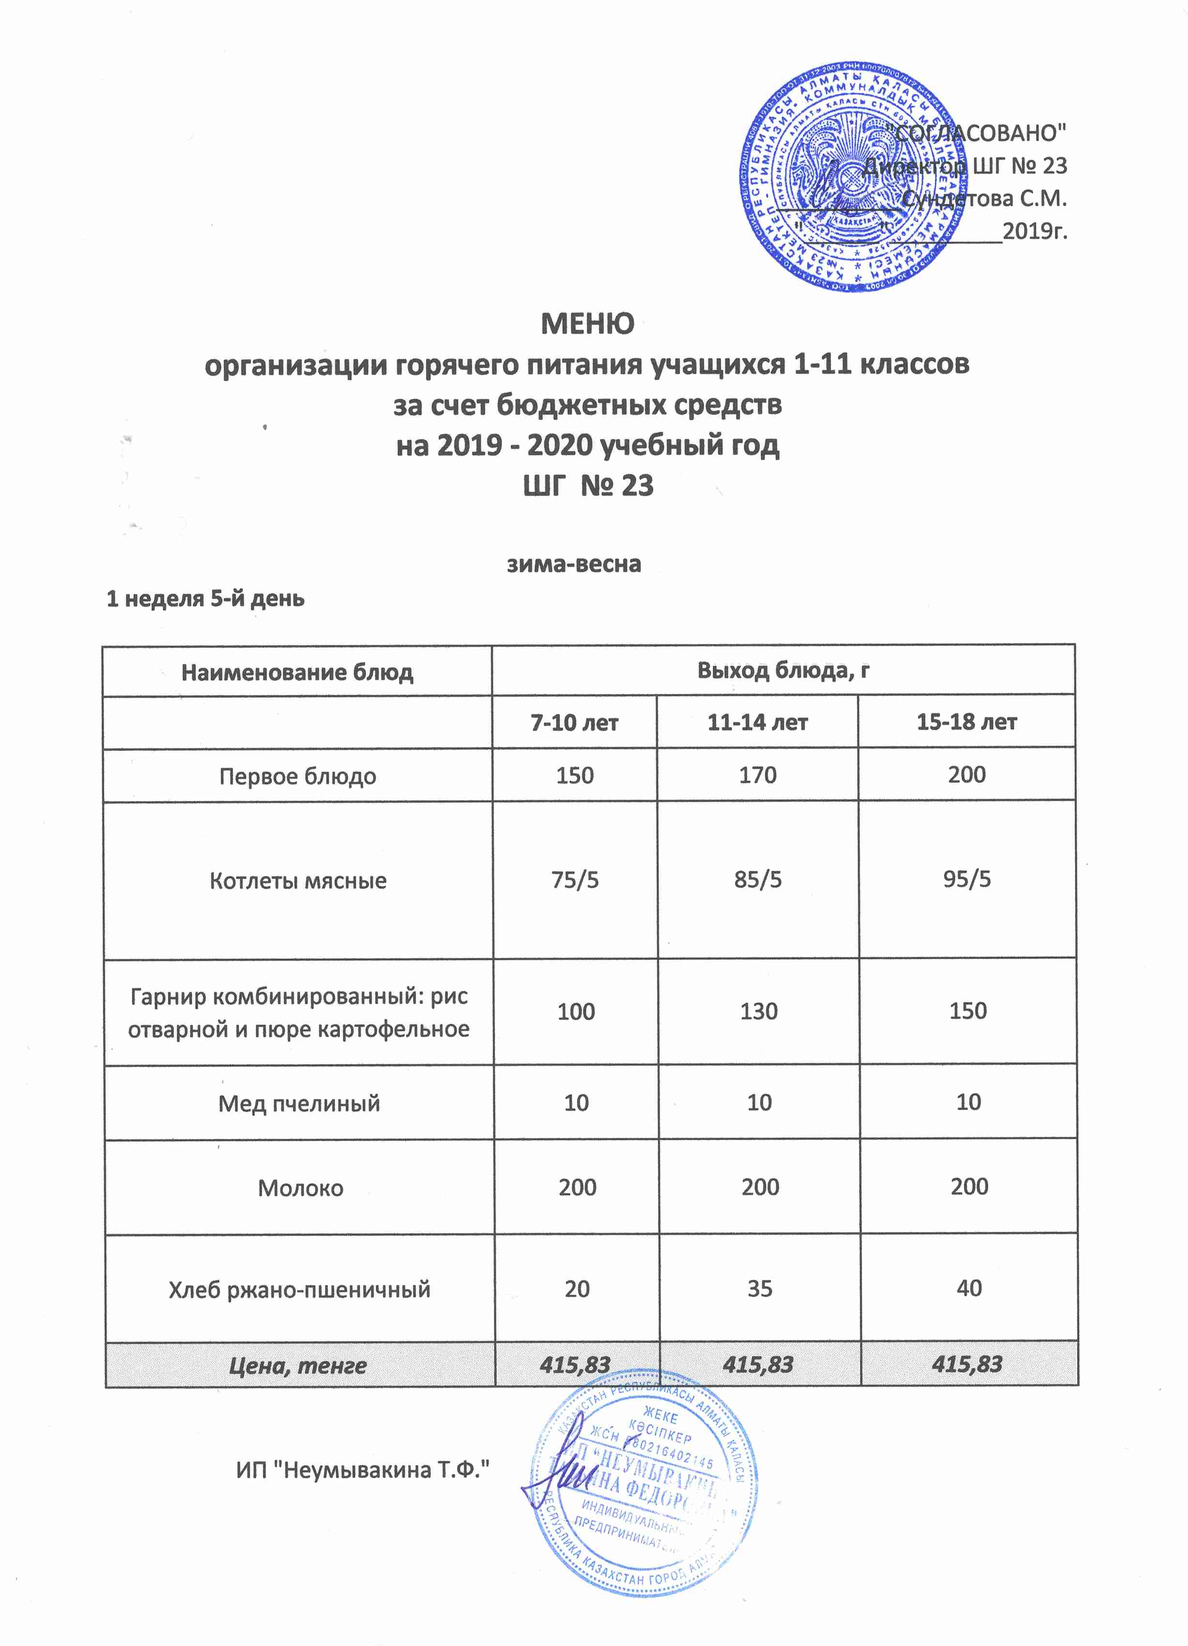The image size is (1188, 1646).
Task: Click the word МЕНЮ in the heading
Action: click(x=587, y=324)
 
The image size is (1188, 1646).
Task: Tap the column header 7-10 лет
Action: click(x=574, y=723)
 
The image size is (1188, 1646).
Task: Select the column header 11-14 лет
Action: click(x=757, y=722)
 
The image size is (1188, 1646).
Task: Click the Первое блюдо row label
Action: click(x=297, y=776)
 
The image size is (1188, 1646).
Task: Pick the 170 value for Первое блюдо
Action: click(x=757, y=775)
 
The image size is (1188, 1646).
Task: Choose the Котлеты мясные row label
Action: click(x=297, y=880)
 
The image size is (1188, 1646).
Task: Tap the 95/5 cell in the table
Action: click(x=966, y=879)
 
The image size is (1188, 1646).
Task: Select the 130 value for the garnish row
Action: click(x=758, y=1011)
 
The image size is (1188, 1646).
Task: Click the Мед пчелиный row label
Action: click(x=299, y=1103)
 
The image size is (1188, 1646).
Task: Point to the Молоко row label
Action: click(x=300, y=1188)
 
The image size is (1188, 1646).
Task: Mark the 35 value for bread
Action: click(x=759, y=1288)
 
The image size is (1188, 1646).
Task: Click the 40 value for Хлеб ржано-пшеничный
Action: click(x=969, y=1288)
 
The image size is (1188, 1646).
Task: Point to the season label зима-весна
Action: click(x=573, y=564)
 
